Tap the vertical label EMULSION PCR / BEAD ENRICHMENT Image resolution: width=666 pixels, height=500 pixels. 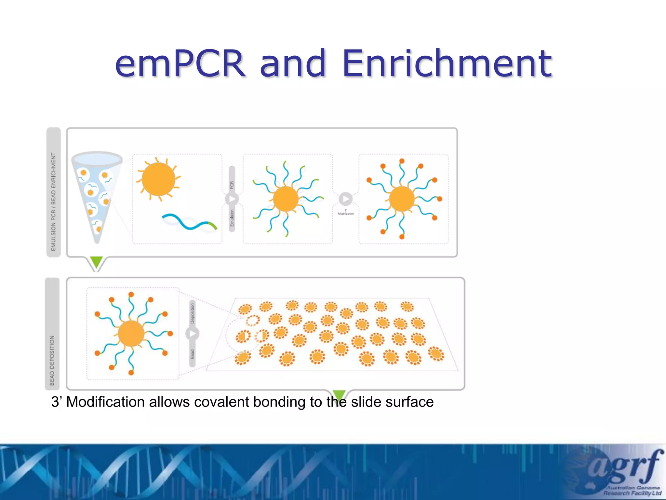(53, 202)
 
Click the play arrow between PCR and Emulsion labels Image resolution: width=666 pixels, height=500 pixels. (232, 199)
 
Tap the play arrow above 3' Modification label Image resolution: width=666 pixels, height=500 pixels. (345, 199)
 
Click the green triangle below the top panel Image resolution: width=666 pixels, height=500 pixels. (96, 261)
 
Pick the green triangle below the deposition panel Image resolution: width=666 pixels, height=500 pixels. (339, 395)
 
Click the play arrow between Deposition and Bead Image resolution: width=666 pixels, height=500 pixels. (192, 334)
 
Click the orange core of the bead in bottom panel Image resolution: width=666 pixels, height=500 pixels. (131, 333)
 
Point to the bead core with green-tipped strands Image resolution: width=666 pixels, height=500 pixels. (286, 199)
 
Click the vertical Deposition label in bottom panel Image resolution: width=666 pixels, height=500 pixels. (192, 313)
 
